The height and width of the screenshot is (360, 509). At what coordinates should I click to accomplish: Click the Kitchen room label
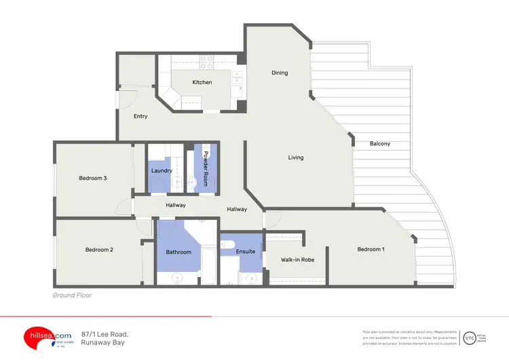(x=202, y=82)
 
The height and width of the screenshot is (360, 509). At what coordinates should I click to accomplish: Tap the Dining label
(x=280, y=73)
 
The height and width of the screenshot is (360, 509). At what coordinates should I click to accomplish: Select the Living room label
(x=296, y=158)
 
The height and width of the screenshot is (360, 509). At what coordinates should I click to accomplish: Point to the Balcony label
(x=380, y=143)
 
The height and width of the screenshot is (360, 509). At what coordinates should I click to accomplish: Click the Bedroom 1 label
(x=371, y=249)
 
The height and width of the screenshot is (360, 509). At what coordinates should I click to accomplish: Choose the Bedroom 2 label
(x=99, y=249)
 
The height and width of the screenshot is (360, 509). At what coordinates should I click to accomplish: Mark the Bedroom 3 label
(x=93, y=178)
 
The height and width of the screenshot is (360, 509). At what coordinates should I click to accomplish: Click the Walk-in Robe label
(x=297, y=259)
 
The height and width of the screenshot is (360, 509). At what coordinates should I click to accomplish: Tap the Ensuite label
(x=246, y=251)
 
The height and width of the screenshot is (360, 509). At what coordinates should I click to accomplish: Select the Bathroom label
(x=178, y=252)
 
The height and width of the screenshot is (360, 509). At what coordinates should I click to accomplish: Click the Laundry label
(x=162, y=170)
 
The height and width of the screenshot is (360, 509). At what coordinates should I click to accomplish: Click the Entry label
(x=140, y=116)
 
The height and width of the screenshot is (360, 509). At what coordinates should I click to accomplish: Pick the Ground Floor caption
(x=72, y=295)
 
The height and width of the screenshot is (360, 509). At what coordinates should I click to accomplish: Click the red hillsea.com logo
(x=45, y=336)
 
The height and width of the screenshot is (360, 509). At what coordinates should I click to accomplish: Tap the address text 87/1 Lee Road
(x=105, y=334)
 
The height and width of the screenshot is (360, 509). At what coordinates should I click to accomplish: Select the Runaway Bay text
(x=104, y=344)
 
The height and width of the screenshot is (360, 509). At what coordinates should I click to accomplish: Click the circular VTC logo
(x=469, y=337)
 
